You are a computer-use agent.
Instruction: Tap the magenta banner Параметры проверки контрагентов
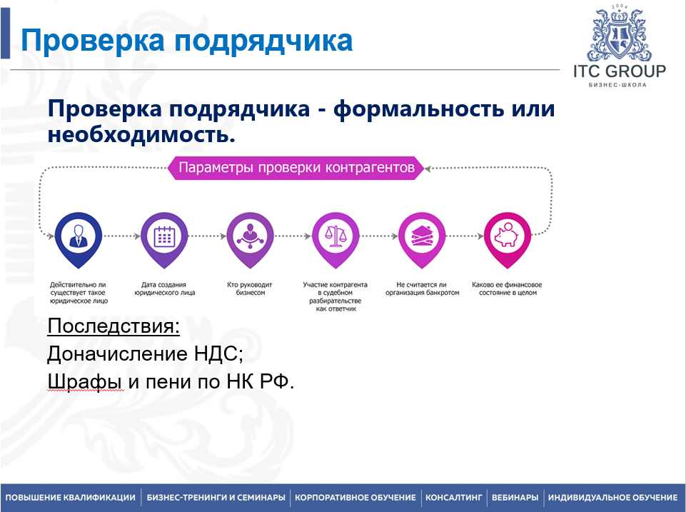(296, 169)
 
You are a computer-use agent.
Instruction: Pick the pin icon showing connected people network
(250, 235)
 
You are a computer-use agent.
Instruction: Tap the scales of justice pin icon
(335, 235)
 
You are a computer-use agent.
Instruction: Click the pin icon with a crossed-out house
(420, 235)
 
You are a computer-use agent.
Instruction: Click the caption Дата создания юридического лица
(164, 288)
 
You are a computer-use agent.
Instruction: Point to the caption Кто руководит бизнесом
(250, 288)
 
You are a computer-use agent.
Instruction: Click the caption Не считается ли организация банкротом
(422, 288)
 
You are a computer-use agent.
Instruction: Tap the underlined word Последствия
(114, 327)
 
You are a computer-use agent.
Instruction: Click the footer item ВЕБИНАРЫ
(515, 498)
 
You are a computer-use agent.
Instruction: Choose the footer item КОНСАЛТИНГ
(454, 498)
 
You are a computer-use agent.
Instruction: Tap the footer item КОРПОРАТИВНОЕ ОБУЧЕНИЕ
(355, 498)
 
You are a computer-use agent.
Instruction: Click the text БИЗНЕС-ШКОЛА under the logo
(618, 85)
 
